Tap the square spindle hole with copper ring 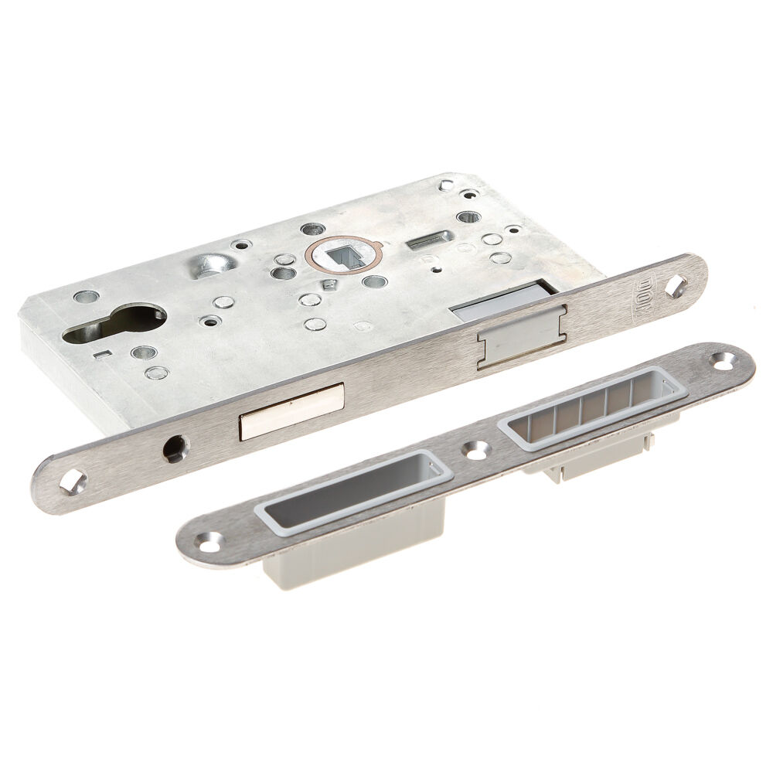[342, 255]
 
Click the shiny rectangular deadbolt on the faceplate [291, 411]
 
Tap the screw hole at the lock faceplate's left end [73, 483]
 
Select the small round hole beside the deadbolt [175, 448]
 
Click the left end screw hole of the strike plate [209, 542]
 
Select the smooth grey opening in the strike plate [352, 491]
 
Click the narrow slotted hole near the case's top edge [430, 240]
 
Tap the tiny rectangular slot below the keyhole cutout [100, 355]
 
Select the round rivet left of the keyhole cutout [86, 297]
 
